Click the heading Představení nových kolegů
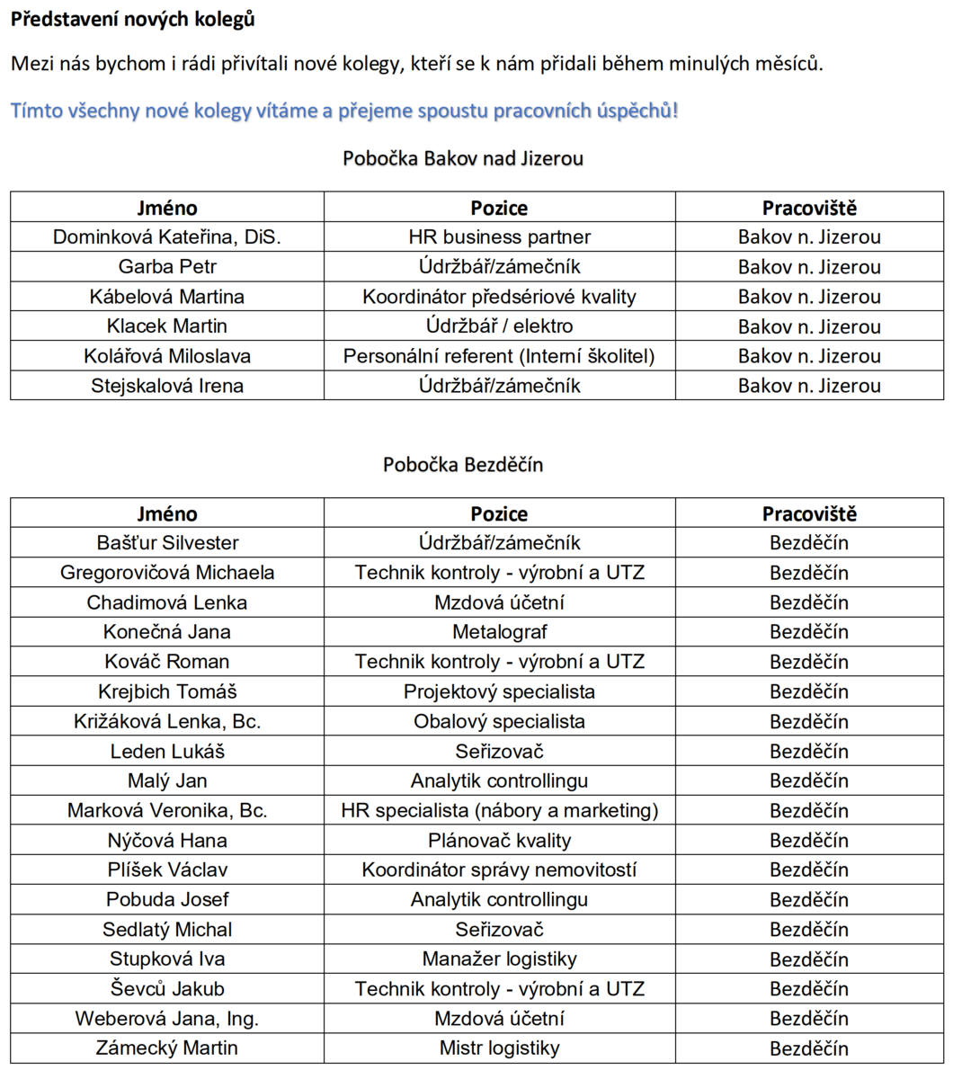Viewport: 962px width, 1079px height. coord(133,19)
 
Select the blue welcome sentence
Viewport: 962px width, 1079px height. coord(344,111)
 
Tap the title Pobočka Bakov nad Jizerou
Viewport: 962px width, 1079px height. coord(463,158)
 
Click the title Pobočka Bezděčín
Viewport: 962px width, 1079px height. coord(463,465)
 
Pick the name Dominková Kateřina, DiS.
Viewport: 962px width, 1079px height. coord(167,237)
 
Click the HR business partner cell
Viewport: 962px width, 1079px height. coord(499,237)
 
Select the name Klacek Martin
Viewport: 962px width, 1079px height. coord(167,326)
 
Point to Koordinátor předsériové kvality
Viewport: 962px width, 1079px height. coord(499,297)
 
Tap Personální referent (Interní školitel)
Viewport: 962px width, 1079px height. coord(499,356)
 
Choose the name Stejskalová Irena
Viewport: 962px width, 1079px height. coord(167,386)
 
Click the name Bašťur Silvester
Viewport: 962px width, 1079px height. coord(167,543)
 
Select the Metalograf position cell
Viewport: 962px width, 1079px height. coord(499,632)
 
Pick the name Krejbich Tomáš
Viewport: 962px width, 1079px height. coord(167,691)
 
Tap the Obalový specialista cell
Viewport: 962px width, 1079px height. coord(499,721)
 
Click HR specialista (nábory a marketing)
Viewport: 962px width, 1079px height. coord(499,810)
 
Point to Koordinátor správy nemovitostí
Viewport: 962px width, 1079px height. coord(499,869)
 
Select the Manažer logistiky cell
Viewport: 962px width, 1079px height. coord(499,959)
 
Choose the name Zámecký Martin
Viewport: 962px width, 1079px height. coord(167,1048)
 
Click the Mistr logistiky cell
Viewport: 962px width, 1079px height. coord(499,1048)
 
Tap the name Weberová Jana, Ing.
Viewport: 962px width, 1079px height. coord(167,1019)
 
